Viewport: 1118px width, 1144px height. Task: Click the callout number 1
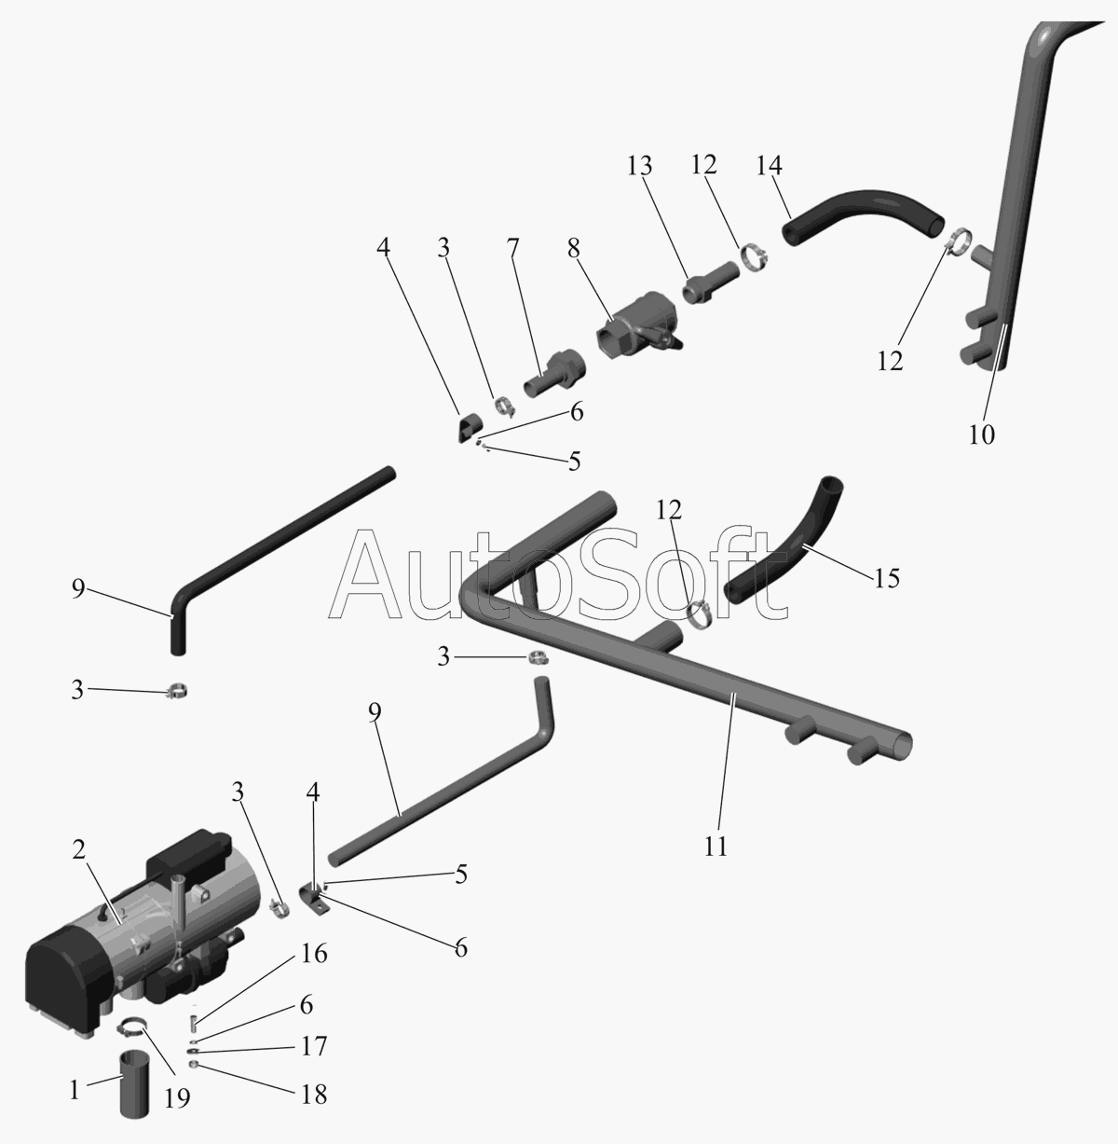tap(75, 1089)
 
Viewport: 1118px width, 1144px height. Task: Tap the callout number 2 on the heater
tap(79, 849)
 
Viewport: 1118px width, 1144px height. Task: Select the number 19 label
tap(177, 1098)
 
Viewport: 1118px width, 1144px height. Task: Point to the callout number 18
tap(315, 1094)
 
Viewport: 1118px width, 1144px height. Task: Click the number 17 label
tap(315, 1046)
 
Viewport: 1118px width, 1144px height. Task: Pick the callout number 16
tap(315, 954)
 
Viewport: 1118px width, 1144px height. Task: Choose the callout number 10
tap(982, 434)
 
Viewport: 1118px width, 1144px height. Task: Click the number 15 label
tap(887, 578)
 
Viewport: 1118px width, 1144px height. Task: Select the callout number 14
tap(770, 166)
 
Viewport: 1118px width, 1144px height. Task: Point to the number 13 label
tap(639, 166)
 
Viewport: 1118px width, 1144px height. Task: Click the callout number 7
tap(510, 250)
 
